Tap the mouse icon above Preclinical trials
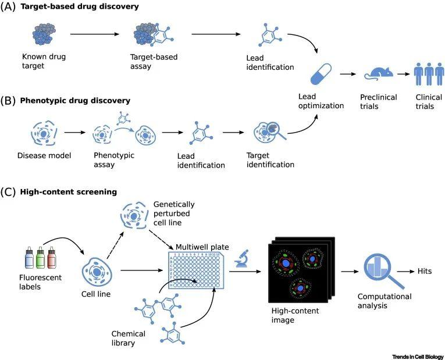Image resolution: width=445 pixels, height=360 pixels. (x=378, y=74)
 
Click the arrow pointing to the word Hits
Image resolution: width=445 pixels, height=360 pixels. (x=405, y=272)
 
